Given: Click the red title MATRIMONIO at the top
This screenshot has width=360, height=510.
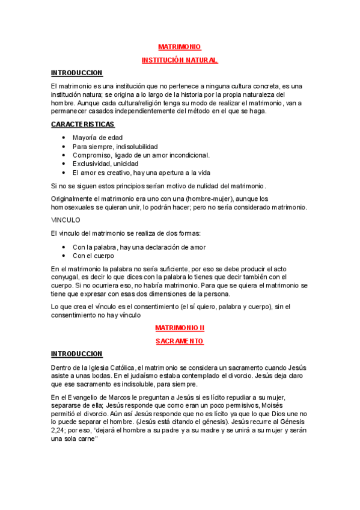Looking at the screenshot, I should [x=179, y=47].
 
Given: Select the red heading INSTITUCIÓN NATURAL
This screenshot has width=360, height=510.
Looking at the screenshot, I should [x=179, y=60].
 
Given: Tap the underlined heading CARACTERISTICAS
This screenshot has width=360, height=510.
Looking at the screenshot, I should [x=82, y=124].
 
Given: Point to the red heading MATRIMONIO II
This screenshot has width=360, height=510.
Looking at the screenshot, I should [x=180, y=328].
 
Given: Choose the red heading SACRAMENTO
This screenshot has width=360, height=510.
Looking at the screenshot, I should [x=180, y=341].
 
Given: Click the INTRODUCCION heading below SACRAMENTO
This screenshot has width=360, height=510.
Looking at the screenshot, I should [x=76, y=354].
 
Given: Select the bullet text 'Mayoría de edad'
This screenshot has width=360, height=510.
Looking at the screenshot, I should [x=97, y=138].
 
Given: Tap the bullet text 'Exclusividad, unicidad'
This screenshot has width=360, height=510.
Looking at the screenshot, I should [x=105, y=163].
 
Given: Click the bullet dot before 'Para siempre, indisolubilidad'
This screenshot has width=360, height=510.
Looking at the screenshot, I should [x=64, y=146].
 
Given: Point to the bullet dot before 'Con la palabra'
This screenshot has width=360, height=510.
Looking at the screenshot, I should [x=64, y=247].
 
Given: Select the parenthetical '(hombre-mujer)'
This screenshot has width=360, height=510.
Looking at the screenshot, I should [x=209, y=198].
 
